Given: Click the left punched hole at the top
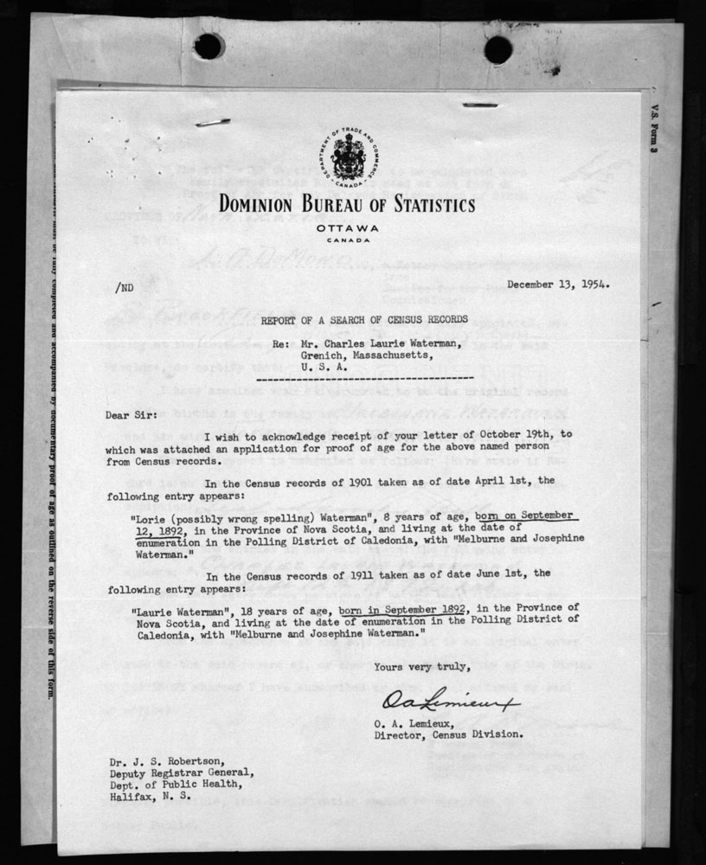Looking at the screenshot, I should pos(209,46).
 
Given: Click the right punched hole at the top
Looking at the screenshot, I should pos(497,48).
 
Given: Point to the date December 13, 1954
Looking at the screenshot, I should pos(555,283).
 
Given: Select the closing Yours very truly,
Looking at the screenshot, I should pos(422,666).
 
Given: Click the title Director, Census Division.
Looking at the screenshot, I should pos(448,734).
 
